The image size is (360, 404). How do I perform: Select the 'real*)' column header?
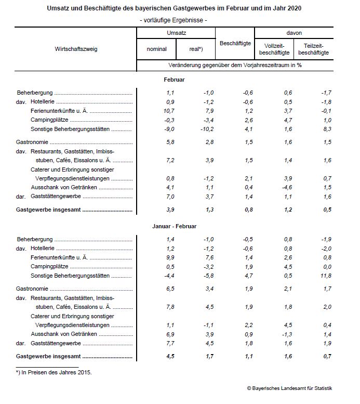[196, 49]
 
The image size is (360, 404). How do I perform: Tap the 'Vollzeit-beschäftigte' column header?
[274, 49]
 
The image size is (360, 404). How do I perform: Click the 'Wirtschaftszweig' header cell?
[76, 49]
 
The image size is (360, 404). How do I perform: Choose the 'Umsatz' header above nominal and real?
[176, 32]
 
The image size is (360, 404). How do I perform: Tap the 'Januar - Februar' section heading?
[174, 226]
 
